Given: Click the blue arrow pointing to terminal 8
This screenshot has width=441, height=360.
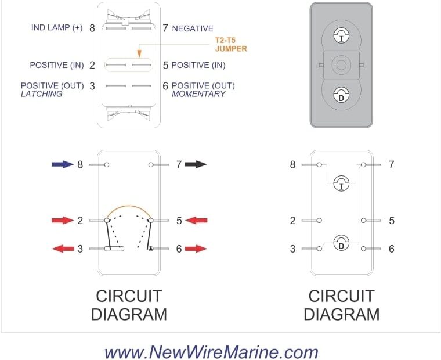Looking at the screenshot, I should [x=63, y=164].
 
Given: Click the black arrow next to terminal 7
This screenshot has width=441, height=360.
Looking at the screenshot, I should [x=196, y=164].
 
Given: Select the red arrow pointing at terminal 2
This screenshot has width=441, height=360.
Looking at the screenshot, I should [x=63, y=221].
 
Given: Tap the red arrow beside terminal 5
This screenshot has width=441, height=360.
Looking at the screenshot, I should [x=196, y=221].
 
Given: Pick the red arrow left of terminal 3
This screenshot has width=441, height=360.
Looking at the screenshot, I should [x=63, y=249].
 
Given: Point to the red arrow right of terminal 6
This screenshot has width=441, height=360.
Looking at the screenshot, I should [x=196, y=249].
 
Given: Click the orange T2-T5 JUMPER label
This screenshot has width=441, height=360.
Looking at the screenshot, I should [x=227, y=45].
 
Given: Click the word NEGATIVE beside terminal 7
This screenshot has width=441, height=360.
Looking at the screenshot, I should [x=193, y=28].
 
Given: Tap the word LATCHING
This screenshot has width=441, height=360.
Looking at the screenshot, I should [x=42, y=93].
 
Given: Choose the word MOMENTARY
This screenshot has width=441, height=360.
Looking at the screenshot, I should [x=198, y=93].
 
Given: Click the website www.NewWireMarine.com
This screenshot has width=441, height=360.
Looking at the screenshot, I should [x=211, y=352].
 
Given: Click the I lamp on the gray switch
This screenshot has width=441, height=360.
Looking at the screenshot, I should [x=341, y=36].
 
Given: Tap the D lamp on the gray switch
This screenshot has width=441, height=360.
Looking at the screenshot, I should [x=341, y=94].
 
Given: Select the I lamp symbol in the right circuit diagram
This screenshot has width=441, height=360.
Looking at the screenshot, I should [x=341, y=184].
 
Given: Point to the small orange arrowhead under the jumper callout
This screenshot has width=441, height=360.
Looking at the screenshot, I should [x=139, y=54].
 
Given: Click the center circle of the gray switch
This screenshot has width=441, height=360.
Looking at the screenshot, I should [x=341, y=64].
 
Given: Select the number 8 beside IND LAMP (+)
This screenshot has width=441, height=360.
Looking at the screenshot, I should [x=92, y=28].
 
